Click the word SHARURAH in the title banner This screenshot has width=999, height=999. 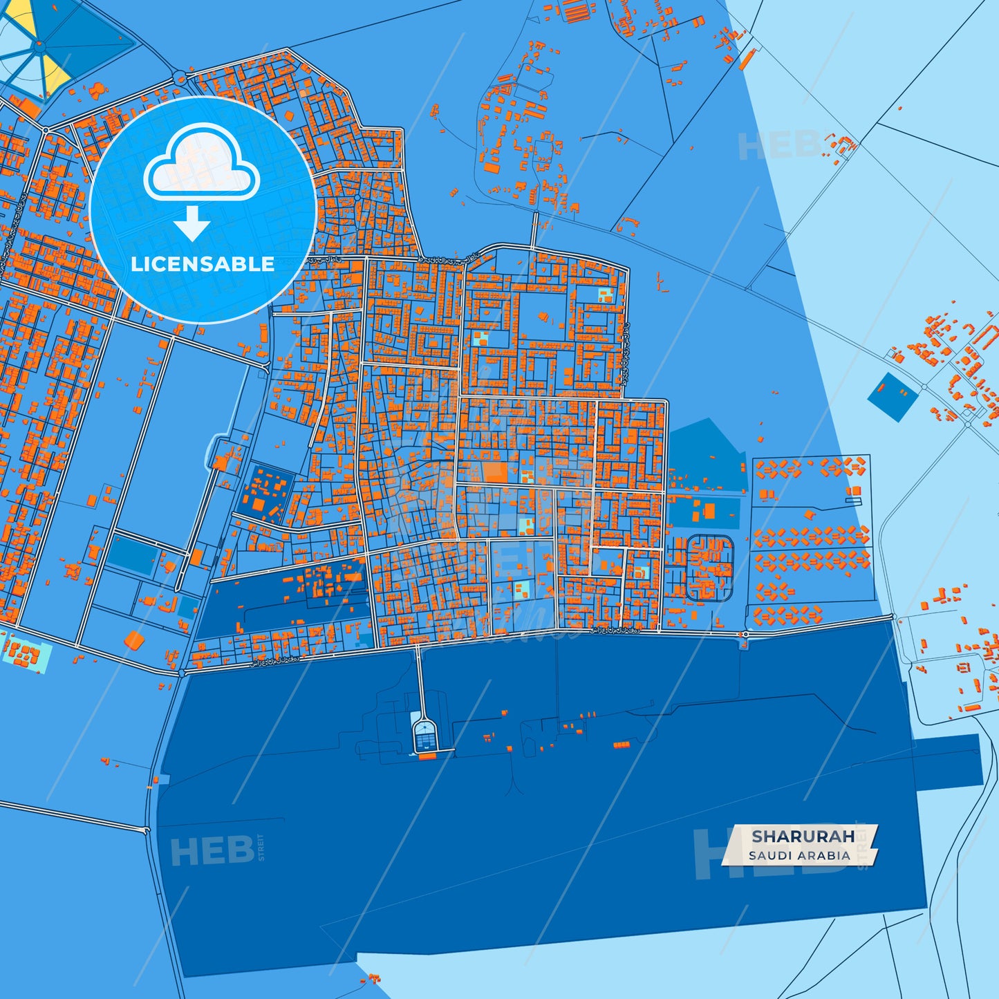[x=803, y=836]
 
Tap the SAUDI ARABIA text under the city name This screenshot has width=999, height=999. [x=799, y=855]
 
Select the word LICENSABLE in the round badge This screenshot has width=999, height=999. [x=203, y=263]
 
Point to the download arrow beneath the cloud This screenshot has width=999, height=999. [x=192, y=223]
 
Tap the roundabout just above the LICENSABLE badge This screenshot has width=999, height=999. [x=181, y=77]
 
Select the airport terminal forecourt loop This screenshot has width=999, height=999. [x=424, y=736]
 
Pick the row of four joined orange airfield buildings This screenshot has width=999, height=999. [x=622, y=745]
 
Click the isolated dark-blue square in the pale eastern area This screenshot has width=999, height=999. [x=893, y=397]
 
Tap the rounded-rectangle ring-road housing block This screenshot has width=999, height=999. [x=709, y=567]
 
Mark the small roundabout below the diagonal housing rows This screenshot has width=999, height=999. [x=745, y=634]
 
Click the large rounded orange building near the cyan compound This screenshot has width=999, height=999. [x=134, y=639]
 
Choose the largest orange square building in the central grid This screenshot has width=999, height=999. [x=494, y=472]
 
